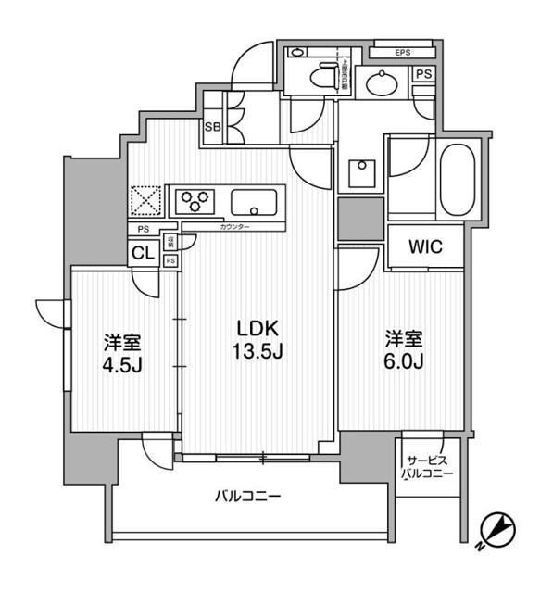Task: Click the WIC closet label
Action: tap(424, 247)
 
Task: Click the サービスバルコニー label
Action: tap(427, 467)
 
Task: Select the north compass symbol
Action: tap(497, 530)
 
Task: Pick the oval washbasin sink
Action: tap(380, 84)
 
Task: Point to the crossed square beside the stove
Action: tap(145, 201)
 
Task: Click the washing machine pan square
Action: tap(358, 171)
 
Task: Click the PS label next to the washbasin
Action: tap(422, 74)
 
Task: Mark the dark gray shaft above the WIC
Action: tap(359, 218)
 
